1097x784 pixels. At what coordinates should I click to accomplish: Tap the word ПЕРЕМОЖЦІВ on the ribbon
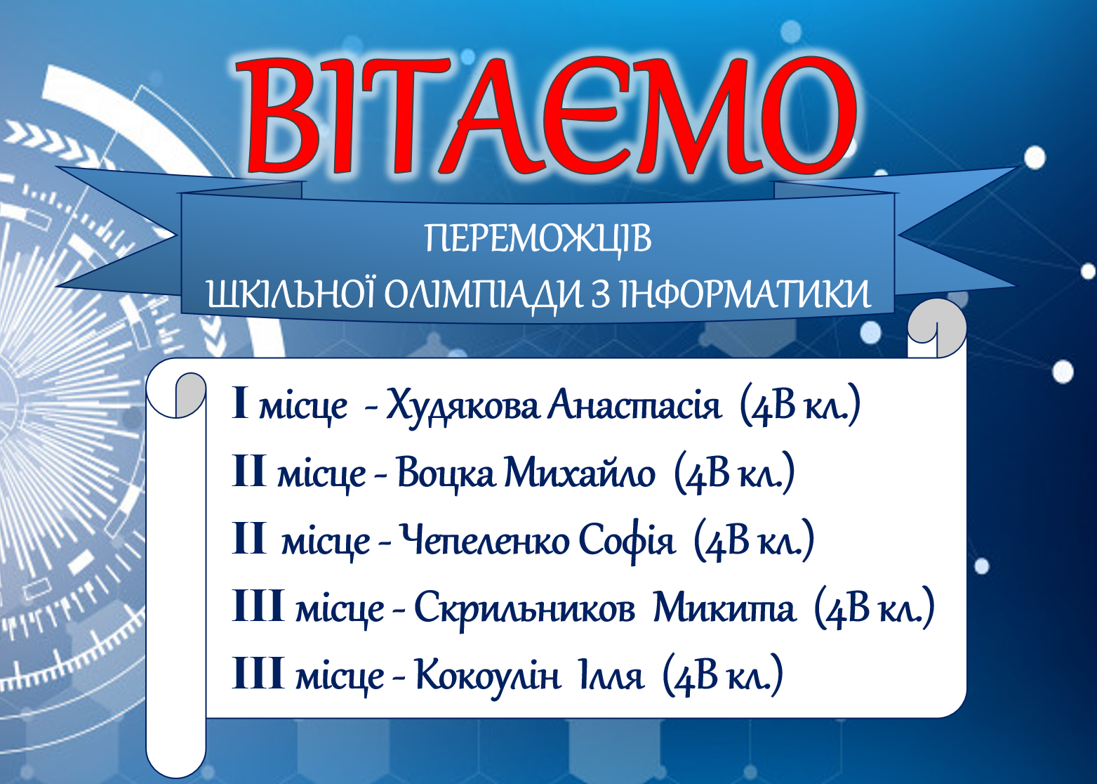538,240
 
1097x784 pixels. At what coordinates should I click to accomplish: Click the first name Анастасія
634,405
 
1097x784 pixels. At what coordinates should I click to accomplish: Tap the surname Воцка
445,473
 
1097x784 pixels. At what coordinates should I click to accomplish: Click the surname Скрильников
524,608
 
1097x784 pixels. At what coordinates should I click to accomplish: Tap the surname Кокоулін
488,675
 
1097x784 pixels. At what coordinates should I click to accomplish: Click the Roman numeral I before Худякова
240,403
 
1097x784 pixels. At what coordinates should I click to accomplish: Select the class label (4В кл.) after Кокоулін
723,676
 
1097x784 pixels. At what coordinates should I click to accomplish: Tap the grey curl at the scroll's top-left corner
190,395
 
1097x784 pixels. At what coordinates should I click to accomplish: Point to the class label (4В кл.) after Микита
875,608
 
